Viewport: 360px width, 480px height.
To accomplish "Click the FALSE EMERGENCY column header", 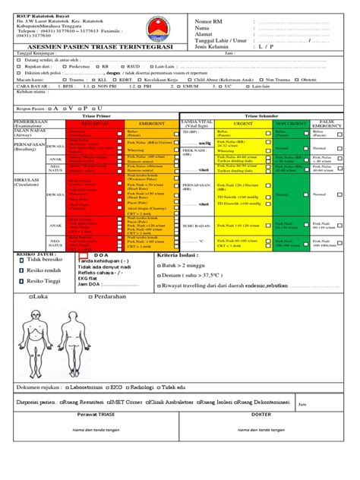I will click(x=327, y=122).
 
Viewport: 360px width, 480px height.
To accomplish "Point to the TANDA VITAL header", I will click(x=197, y=122).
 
